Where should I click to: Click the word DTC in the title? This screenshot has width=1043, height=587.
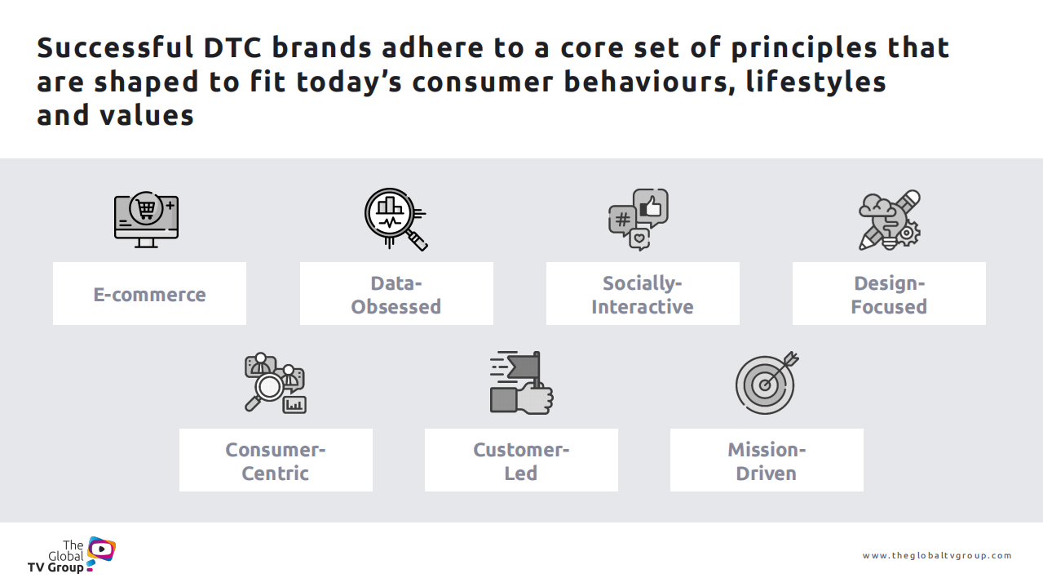pos(232,48)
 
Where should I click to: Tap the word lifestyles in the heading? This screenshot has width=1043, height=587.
pos(815,82)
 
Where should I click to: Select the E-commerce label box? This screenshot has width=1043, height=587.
pos(149,294)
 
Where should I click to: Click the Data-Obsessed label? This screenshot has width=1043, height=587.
pos(396,294)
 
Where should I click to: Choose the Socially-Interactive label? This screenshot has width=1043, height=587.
pos(643,294)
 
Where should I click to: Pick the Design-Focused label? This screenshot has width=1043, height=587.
pos(889,294)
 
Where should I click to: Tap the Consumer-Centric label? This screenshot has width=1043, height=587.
pos(276,460)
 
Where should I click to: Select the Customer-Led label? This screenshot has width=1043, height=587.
pos(521,460)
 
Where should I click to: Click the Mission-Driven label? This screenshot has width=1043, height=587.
pos(767,460)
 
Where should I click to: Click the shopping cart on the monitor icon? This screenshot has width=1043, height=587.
pos(146,209)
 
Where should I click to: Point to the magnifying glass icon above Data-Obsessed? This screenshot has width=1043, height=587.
pos(396,219)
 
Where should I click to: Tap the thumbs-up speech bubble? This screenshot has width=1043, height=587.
pos(651,207)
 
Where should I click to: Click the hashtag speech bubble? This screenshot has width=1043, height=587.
pos(622,220)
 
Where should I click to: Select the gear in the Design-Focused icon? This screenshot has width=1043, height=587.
pos(907,233)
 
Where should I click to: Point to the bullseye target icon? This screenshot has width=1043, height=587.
pos(767,383)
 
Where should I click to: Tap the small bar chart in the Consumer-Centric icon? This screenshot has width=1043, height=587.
pos(294,404)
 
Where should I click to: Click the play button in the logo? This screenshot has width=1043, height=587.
pos(101,549)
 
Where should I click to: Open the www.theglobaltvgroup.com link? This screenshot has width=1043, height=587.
pos(937,555)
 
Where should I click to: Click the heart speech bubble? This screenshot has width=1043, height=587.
pos(639,240)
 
